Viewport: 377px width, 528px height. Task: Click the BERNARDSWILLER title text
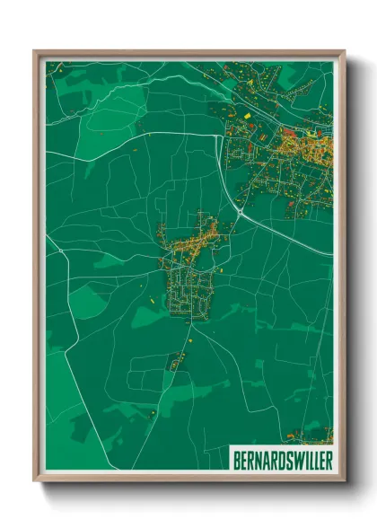click(x=281, y=460)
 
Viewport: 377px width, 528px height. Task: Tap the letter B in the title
click(x=236, y=460)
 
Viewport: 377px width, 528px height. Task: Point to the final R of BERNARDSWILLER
click(x=327, y=460)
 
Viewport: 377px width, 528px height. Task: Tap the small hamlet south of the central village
click(x=176, y=361)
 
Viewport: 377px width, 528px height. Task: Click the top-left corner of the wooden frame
click(x=34, y=51)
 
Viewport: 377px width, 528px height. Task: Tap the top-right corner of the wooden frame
click(x=345, y=51)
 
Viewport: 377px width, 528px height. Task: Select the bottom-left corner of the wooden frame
click(x=34, y=480)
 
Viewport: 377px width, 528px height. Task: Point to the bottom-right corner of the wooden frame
click(x=345, y=480)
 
